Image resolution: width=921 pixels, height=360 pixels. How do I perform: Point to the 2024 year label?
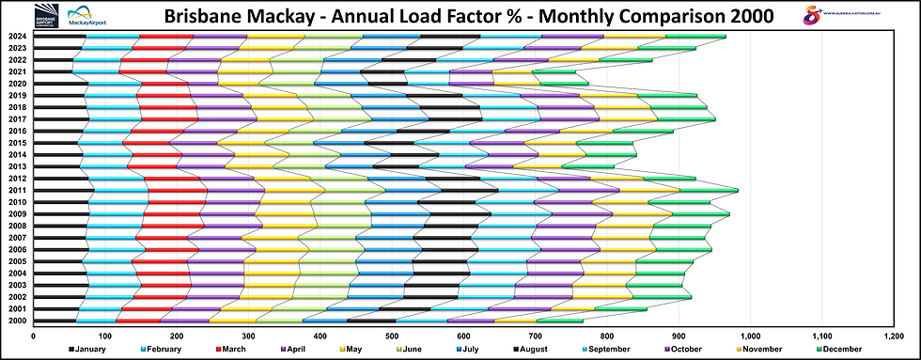(17, 37)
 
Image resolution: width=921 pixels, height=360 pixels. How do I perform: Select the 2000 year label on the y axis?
(17, 321)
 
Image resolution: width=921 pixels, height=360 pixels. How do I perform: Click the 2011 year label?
(17, 190)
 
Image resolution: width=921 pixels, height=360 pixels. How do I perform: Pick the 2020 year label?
(17, 84)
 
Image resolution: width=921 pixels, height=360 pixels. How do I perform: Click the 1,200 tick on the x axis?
(894, 334)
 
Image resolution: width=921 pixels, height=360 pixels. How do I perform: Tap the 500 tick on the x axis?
(392, 334)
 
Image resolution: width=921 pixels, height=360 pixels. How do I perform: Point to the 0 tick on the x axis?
(33, 334)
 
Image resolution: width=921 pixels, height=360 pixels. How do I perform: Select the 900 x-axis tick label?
(679, 334)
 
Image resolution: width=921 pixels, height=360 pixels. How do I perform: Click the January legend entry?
(93, 349)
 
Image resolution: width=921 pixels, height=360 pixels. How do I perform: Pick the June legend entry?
(426, 349)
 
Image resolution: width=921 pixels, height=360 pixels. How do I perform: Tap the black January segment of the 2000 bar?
(44, 321)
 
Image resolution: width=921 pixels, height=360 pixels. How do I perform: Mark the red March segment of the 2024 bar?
(166, 37)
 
